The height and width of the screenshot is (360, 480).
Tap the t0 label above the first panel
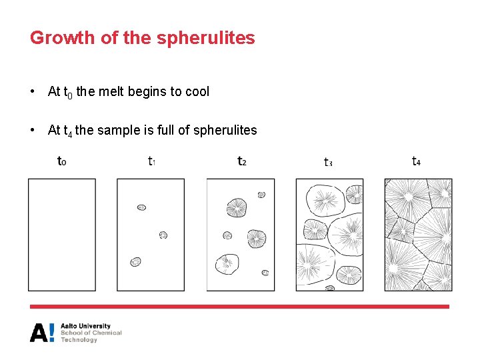pyautogui.click(x=62, y=161)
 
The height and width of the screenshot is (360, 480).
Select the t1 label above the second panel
pyautogui.click(x=151, y=161)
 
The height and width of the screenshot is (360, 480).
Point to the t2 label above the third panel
pyautogui.click(x=242, y=161)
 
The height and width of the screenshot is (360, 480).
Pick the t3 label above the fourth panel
pyautogui.click(x=328, y=161)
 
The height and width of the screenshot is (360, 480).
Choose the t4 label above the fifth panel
pyautogui.click(x=417, y=161)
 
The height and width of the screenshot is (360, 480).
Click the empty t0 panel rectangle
pyautogui.click(x=62, y=235)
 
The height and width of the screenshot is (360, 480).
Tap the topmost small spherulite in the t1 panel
pyautogui.click(x=141, y=207)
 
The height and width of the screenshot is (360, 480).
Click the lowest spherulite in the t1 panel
pyautogui.click(x=136, y=262)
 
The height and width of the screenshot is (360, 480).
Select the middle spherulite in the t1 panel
pyautogui.click(x=163, y=235)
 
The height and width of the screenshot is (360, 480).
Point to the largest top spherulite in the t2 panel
pyautogui.click(x=236, y=207)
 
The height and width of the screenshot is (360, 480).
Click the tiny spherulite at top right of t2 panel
pyautogui.click(x=261, y=195)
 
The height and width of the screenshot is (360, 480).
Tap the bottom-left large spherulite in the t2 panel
pyautogui.click(x=227, y=264)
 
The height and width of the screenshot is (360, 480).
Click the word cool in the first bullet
pyautogui.click(x=197, y=92)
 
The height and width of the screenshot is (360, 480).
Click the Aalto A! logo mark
pyautogui.click(x=42, y=332)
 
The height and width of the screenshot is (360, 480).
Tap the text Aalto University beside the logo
pyautogui.click(x=85, y=326)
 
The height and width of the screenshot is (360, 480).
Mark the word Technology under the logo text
pyautogui.click(x=79, y=340)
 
